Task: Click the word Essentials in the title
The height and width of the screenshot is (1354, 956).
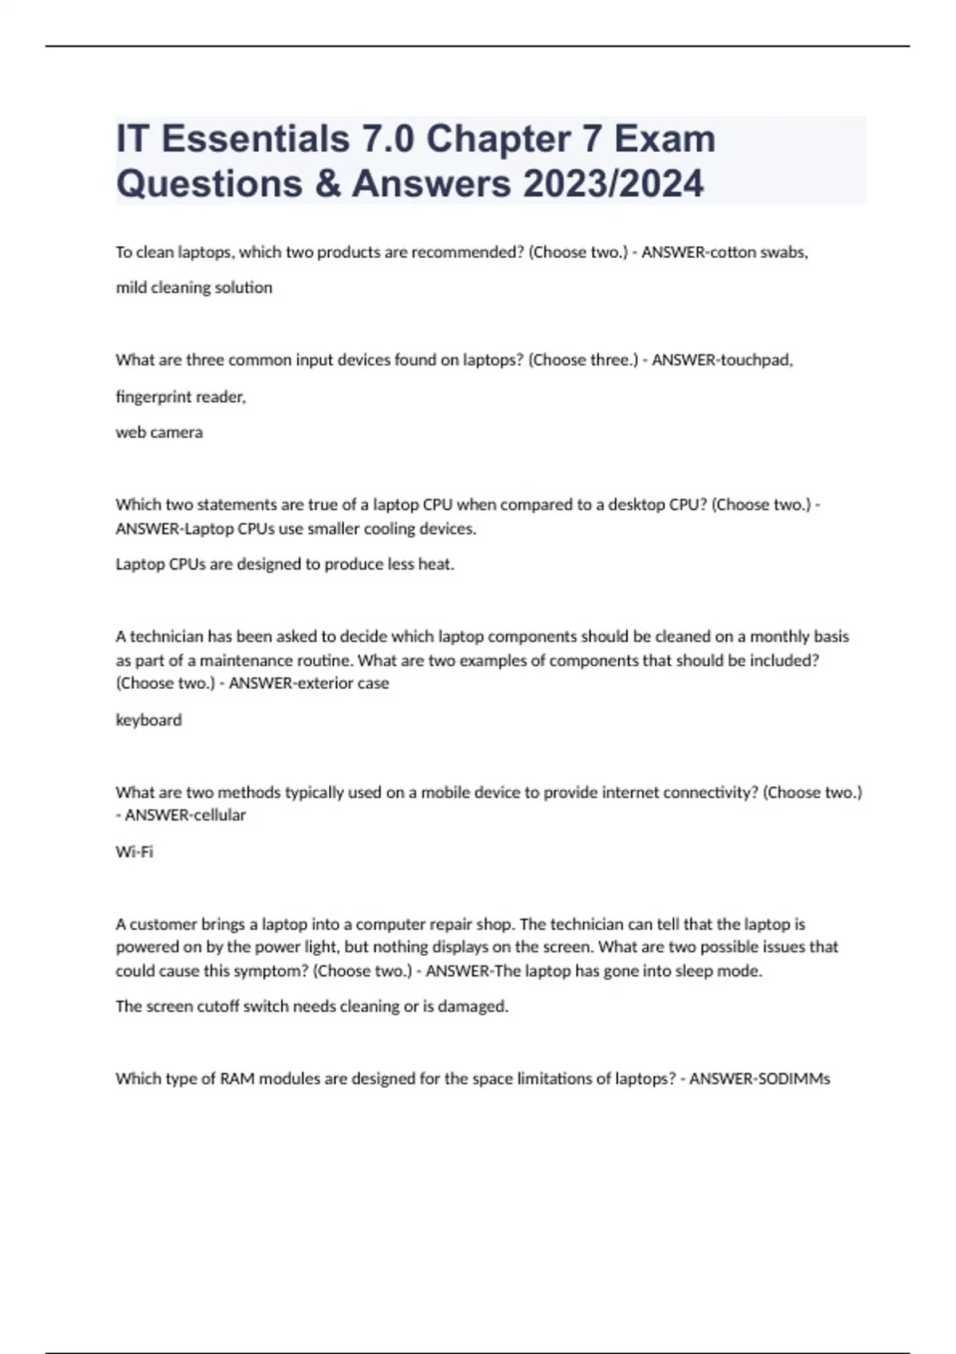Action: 254,139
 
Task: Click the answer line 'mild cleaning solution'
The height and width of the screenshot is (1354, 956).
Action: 194,288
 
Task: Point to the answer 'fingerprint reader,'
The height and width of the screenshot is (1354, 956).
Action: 181,397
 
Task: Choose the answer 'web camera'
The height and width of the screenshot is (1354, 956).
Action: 159,432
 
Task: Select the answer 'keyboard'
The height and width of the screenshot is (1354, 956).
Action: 149,720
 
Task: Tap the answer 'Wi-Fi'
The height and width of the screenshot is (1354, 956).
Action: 135,852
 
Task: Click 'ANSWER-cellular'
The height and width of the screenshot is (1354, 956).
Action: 185,815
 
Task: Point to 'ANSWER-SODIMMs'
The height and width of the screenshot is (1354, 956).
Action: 759,1079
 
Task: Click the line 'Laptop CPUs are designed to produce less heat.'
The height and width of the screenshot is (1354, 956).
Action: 285,565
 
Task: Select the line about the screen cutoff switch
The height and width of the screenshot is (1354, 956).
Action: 311,1007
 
